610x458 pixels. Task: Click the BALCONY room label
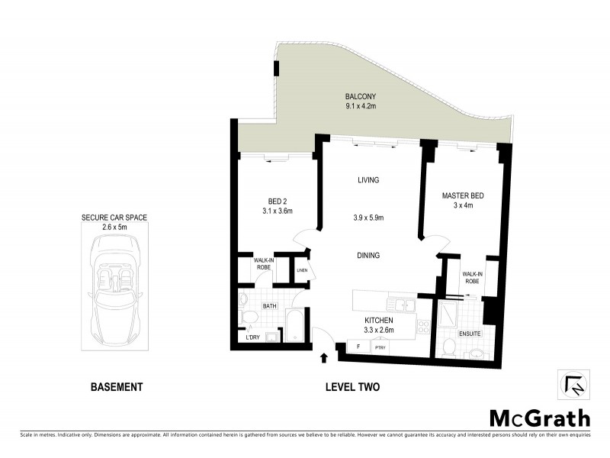(361, 96)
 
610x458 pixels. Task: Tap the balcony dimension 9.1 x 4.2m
(361, 107)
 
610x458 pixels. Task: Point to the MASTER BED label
(464, 196)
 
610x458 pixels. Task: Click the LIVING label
(369, 180)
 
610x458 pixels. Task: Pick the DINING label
(368, 256)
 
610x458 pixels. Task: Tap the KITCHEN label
(378, 321)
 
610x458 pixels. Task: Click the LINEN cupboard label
(302, 270)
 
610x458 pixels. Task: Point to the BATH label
(270, 306)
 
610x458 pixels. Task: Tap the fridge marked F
(358, 347)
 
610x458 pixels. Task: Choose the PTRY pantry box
(380, 347)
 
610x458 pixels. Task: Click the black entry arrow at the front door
(323, 356)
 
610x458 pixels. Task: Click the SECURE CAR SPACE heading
(114, 218)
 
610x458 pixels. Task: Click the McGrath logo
(539, 418)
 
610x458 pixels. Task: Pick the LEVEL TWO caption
(352, 387)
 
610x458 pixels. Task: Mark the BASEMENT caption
(117, 387)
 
